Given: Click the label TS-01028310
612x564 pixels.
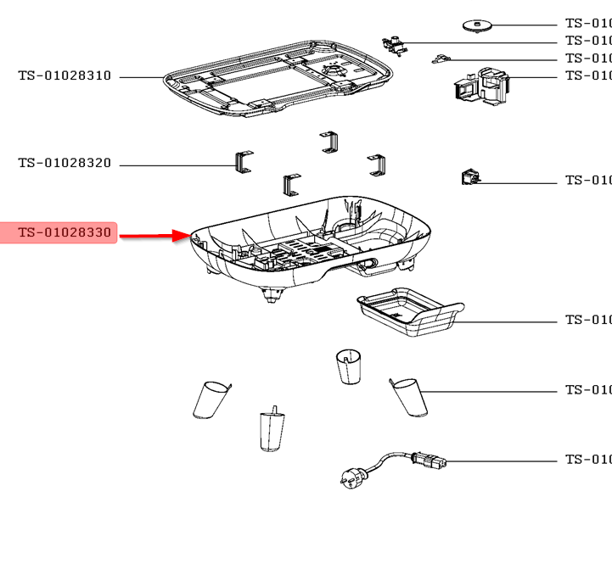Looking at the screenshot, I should tap(65, 76).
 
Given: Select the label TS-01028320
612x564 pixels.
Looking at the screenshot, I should tap(65, 164).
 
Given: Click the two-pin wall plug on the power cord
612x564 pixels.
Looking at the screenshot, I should tap(350, 477).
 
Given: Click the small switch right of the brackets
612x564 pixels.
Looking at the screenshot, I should tap(470, 178).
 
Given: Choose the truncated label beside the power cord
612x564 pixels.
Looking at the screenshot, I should tap(587, 460).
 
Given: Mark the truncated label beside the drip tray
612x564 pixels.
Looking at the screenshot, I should tap(587, 321).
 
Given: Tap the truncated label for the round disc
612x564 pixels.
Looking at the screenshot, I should tap(587, 24).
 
